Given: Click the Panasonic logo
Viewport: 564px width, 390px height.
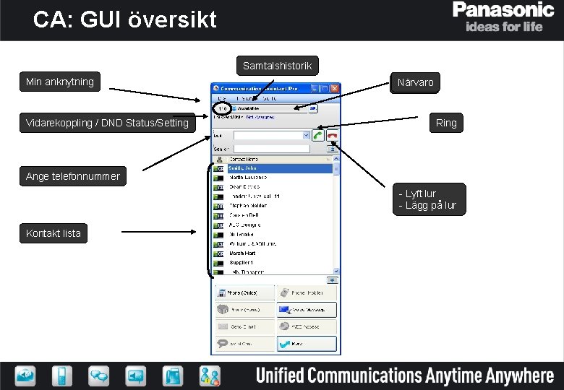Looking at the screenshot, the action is tap(504, 10).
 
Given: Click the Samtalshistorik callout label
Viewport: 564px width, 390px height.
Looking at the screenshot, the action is tap(278, 66).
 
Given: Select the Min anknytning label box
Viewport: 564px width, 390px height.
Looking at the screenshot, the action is tap(60, 82).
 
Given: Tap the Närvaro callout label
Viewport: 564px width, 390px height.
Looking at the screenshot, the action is tap(415, 82).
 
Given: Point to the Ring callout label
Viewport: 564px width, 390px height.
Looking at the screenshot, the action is tap(446, 123).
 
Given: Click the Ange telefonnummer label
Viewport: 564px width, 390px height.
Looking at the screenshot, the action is tap(72, 176).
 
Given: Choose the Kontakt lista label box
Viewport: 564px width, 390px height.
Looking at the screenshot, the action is tap(54, 233).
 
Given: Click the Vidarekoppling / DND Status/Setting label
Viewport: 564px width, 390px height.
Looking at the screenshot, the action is tap(107, 123).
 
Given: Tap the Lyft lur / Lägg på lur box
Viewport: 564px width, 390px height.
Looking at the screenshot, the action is tap(427, 200).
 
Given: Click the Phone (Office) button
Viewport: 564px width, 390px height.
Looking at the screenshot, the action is tap(245, 292).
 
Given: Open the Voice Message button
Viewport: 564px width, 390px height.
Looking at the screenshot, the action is tap(307, 310).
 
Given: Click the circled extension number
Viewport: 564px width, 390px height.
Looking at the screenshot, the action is tap(223, 108).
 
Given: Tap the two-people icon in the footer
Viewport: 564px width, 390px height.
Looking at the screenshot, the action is tap(210, 376).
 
